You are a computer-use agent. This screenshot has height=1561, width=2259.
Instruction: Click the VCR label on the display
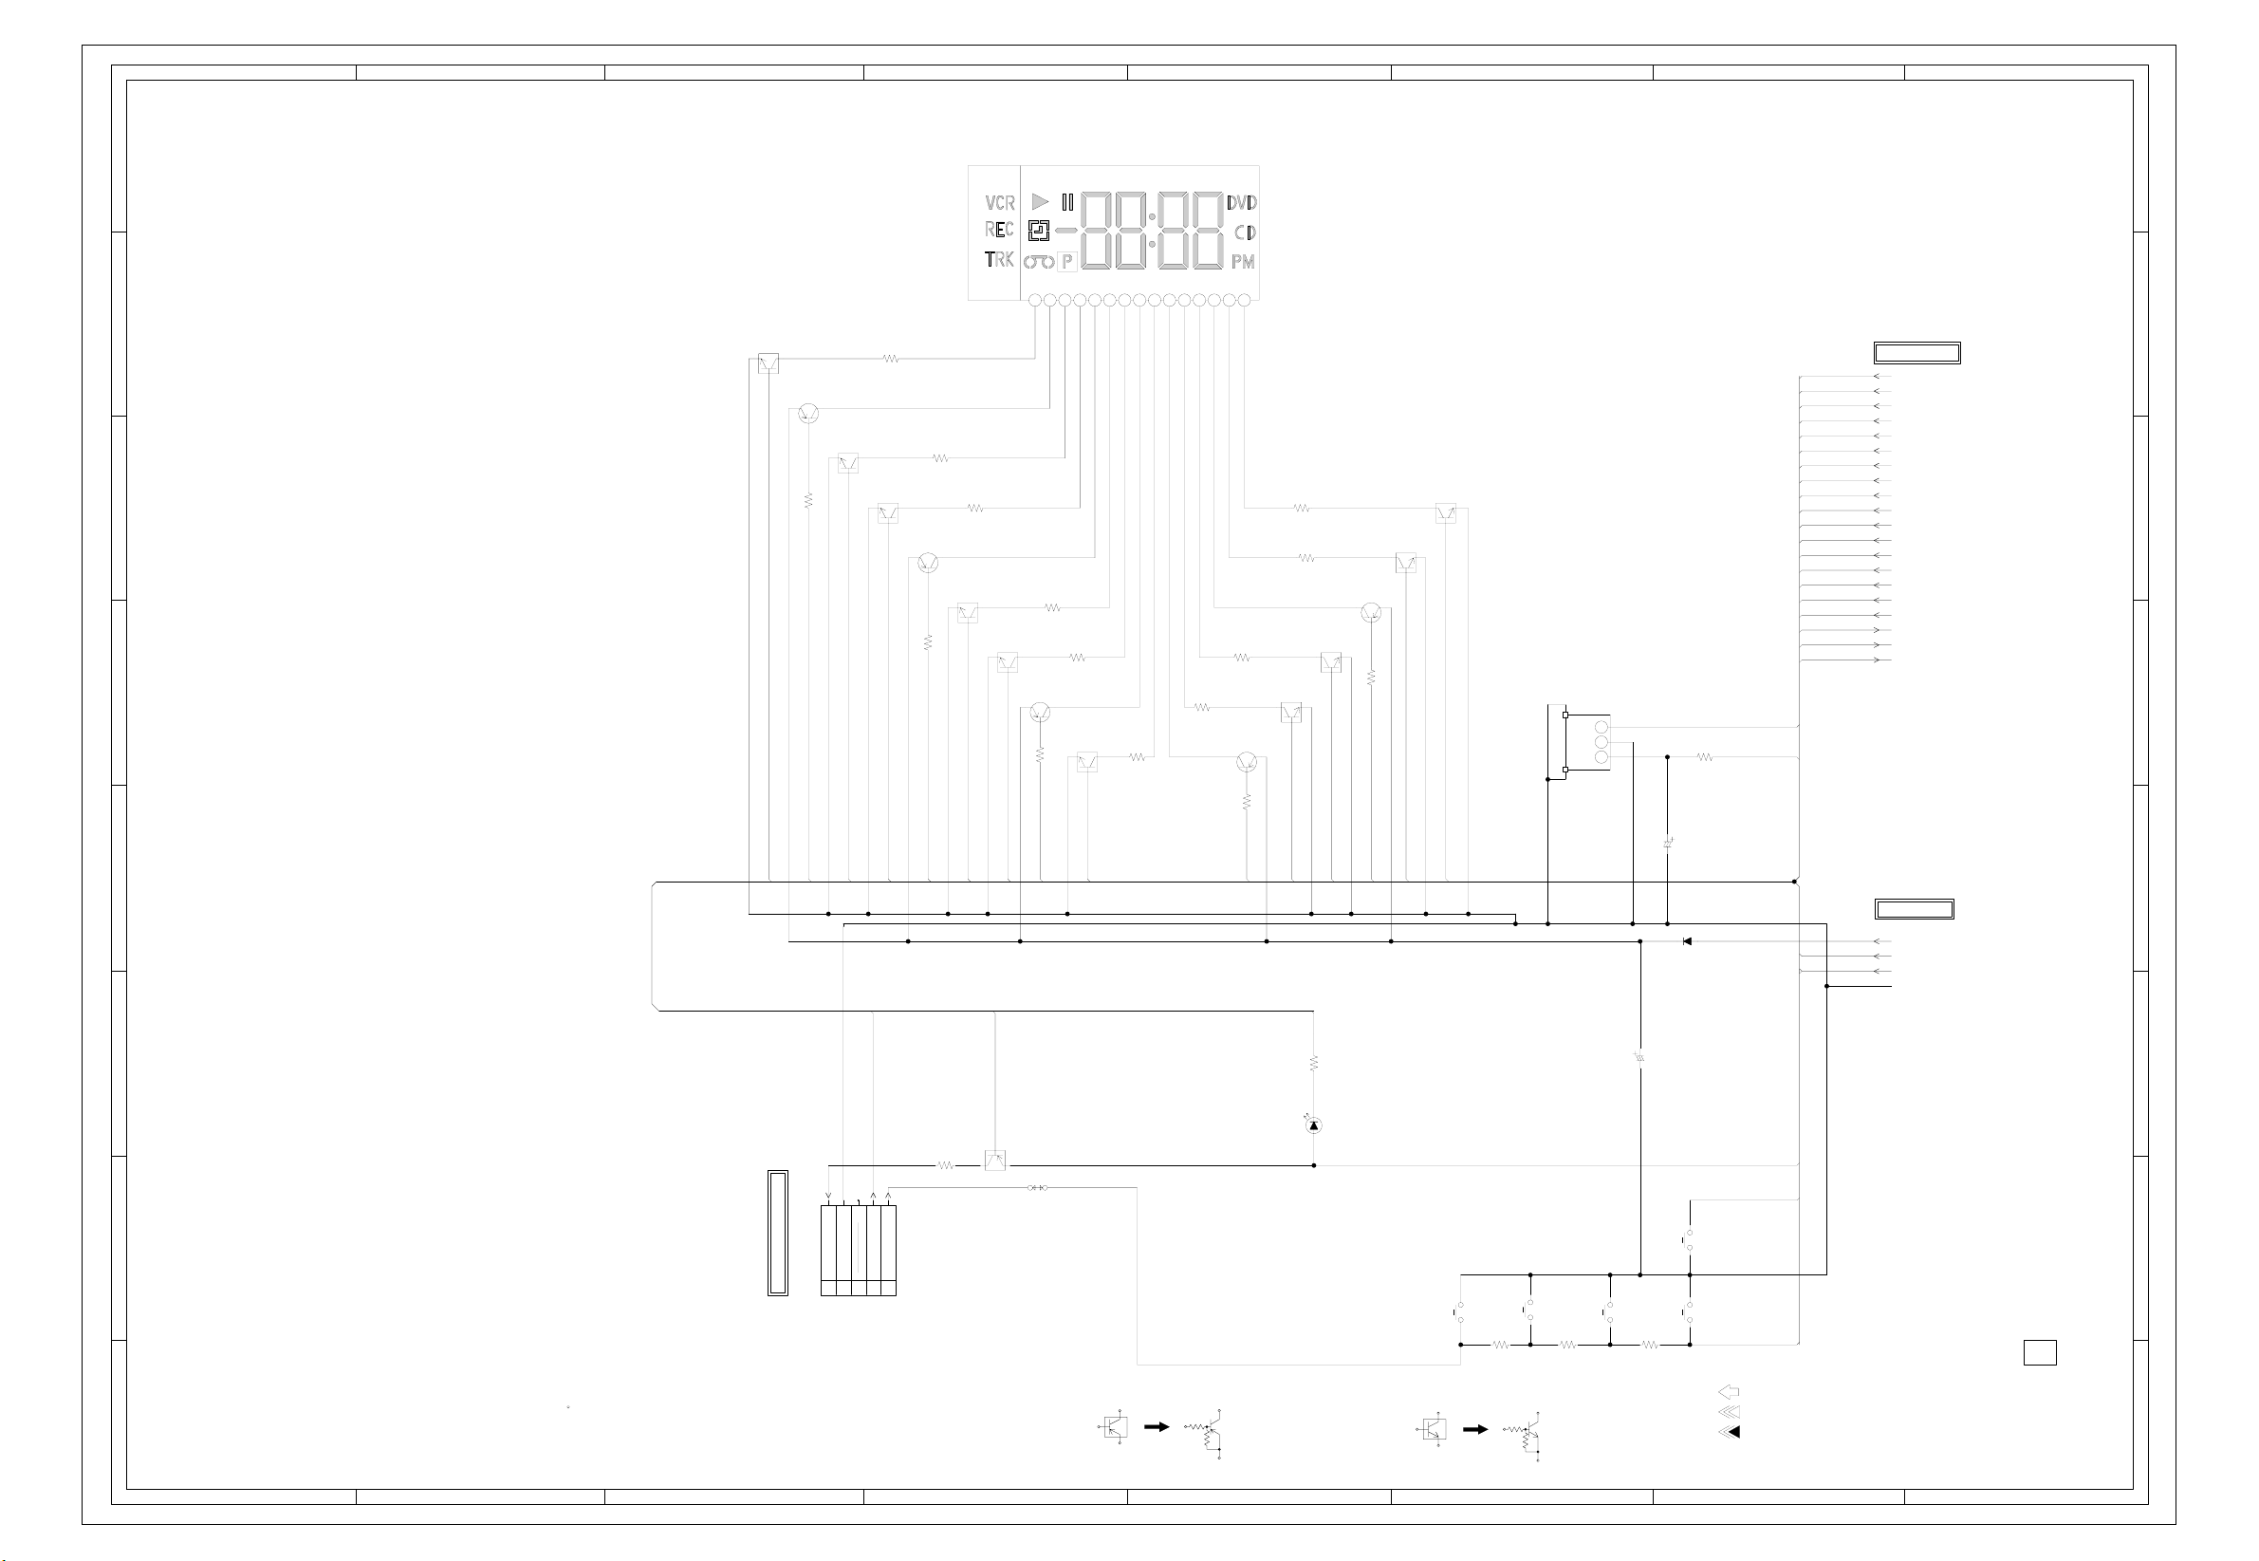(x=999, y=202)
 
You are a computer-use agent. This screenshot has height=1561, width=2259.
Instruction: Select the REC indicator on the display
(x=998, y=229)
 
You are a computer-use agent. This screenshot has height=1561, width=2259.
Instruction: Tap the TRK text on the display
(x=998, y=259)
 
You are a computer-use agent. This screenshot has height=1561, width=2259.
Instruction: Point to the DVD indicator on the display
(x=1241, y=202)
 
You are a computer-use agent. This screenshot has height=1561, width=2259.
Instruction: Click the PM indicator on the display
(x=1242, y=261)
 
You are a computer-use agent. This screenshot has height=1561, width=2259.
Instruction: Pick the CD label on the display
(x=1244, y=232)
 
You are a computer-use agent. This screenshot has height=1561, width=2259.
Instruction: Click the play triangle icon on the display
(x=1040, y=201)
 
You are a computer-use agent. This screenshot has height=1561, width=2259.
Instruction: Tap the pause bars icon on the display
(x=1067, y=202)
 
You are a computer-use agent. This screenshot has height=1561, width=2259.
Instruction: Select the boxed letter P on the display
(x=1067, y=261)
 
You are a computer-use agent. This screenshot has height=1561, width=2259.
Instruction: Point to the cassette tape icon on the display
(x=1039, y=261)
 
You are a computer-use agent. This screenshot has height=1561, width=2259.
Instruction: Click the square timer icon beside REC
(x=1039, y=231)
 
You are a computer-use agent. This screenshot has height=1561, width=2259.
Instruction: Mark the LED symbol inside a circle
(x=1313, y=1125)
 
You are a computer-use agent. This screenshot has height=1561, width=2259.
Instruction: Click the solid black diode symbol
(x=1687, y=941)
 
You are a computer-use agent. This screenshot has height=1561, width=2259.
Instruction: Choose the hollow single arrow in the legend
(x=1728, y=1392)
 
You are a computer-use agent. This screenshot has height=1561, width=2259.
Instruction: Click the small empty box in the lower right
(x=2039, y=1352)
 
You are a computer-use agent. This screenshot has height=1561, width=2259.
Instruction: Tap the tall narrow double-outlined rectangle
(x=777, y=1233)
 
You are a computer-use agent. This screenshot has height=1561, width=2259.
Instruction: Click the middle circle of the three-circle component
(x=1601, y=742)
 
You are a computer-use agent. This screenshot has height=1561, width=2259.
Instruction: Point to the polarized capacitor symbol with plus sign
(x=1667, y=842)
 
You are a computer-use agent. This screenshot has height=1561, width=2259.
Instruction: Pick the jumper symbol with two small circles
(x=1038, y=1187)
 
